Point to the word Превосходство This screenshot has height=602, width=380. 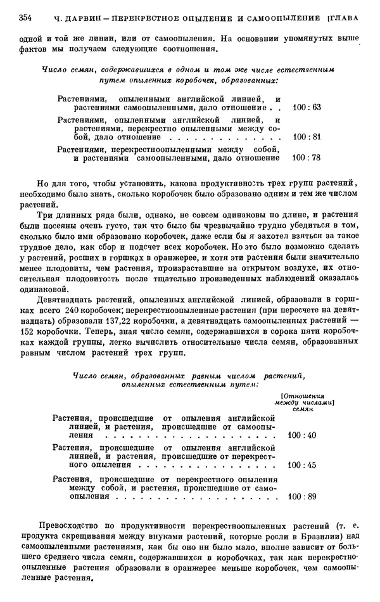point(70,525)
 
